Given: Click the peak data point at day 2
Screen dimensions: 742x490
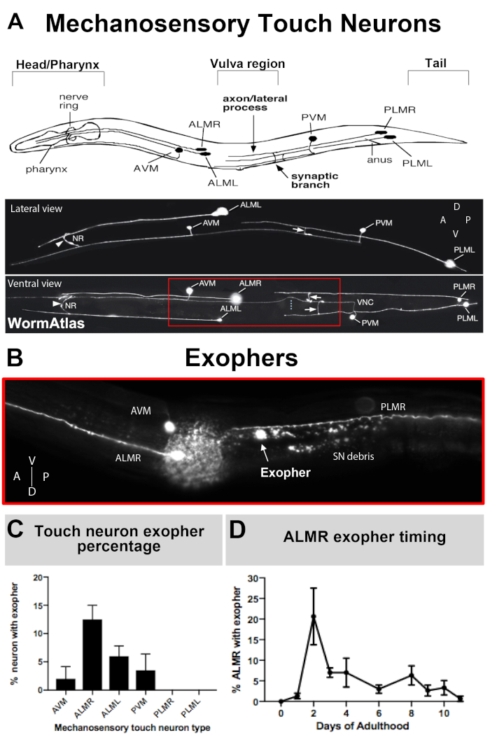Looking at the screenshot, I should pyautogui.click(x=314, y=617).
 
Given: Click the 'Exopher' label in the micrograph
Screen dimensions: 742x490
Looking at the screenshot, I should pyautogui.click(x=285, y=472).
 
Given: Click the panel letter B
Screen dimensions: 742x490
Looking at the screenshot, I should pyautogui.click(x=15, y=358).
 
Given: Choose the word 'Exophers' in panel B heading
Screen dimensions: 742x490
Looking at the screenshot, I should pyautogui.click(x=241, y=359).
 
